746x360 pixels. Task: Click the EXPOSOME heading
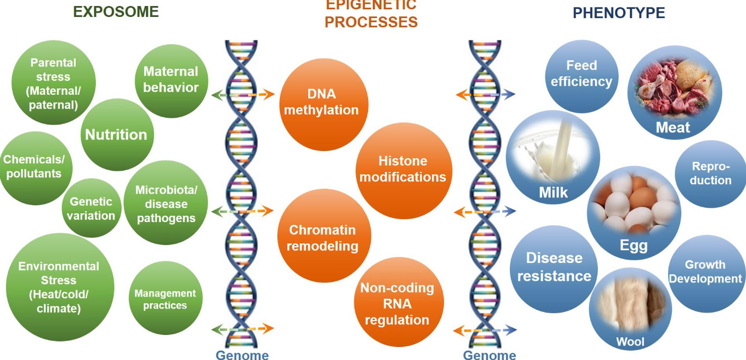pos(116,12)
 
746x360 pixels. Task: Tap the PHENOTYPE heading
pos(618,13)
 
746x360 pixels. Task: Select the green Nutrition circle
pos(116,134)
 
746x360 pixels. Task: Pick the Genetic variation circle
pos(91,208)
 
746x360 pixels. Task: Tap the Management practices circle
pos(165,299)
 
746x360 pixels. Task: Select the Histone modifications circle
pos(403,170)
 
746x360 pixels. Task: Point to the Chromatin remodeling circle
pos(323,238)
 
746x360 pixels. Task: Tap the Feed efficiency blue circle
pos(581,74)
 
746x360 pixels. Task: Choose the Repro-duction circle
pos(710,173)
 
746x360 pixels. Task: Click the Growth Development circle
pos(706,272)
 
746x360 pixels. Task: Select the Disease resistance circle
pos(554,267)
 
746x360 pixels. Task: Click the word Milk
pos(553,193)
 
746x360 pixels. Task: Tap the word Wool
pos(630,342)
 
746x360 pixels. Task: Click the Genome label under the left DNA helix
pos(242,355)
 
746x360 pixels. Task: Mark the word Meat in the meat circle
pos(673,128)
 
